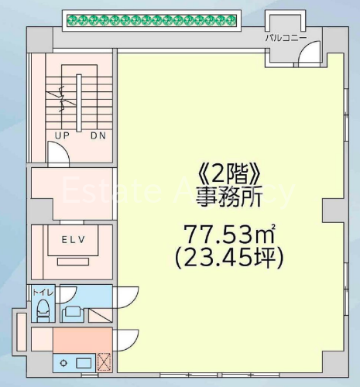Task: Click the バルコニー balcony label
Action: [x=286, y=38]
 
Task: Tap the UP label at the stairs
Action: [x=62, y=135]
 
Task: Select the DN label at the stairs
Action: [x=98, y=135]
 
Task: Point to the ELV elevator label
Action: [x=74, y=240]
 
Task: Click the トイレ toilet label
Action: [x=43, y=293]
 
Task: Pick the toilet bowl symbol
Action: [x=43, y=310]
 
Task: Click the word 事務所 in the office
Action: [x=229, y=197]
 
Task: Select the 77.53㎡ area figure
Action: [x=229, y=235]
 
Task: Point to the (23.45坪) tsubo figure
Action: [x=229, y=259]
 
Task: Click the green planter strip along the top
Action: [x=152, y=20]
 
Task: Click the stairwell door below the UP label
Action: [x=59, y=154]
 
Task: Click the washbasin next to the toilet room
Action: [x=73, y=313]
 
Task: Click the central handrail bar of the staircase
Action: [x=79, y=103]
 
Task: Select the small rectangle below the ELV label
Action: [x=74, y=262]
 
